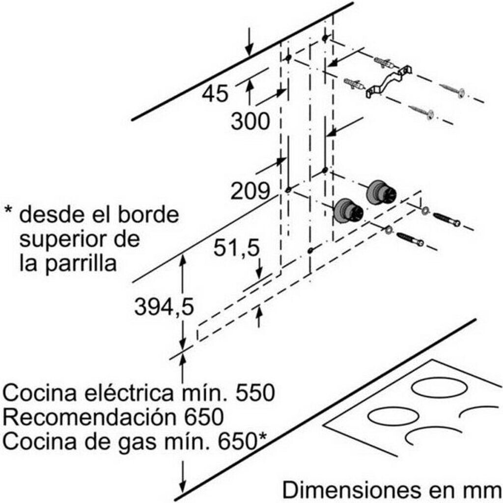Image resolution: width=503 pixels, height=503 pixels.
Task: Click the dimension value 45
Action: point(215,93)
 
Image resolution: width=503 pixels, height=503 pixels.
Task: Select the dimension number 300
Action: point(251,121)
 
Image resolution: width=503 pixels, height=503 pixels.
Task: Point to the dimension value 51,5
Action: point(236,249)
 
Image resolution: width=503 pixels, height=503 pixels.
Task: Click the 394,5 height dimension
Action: point(164,307)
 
